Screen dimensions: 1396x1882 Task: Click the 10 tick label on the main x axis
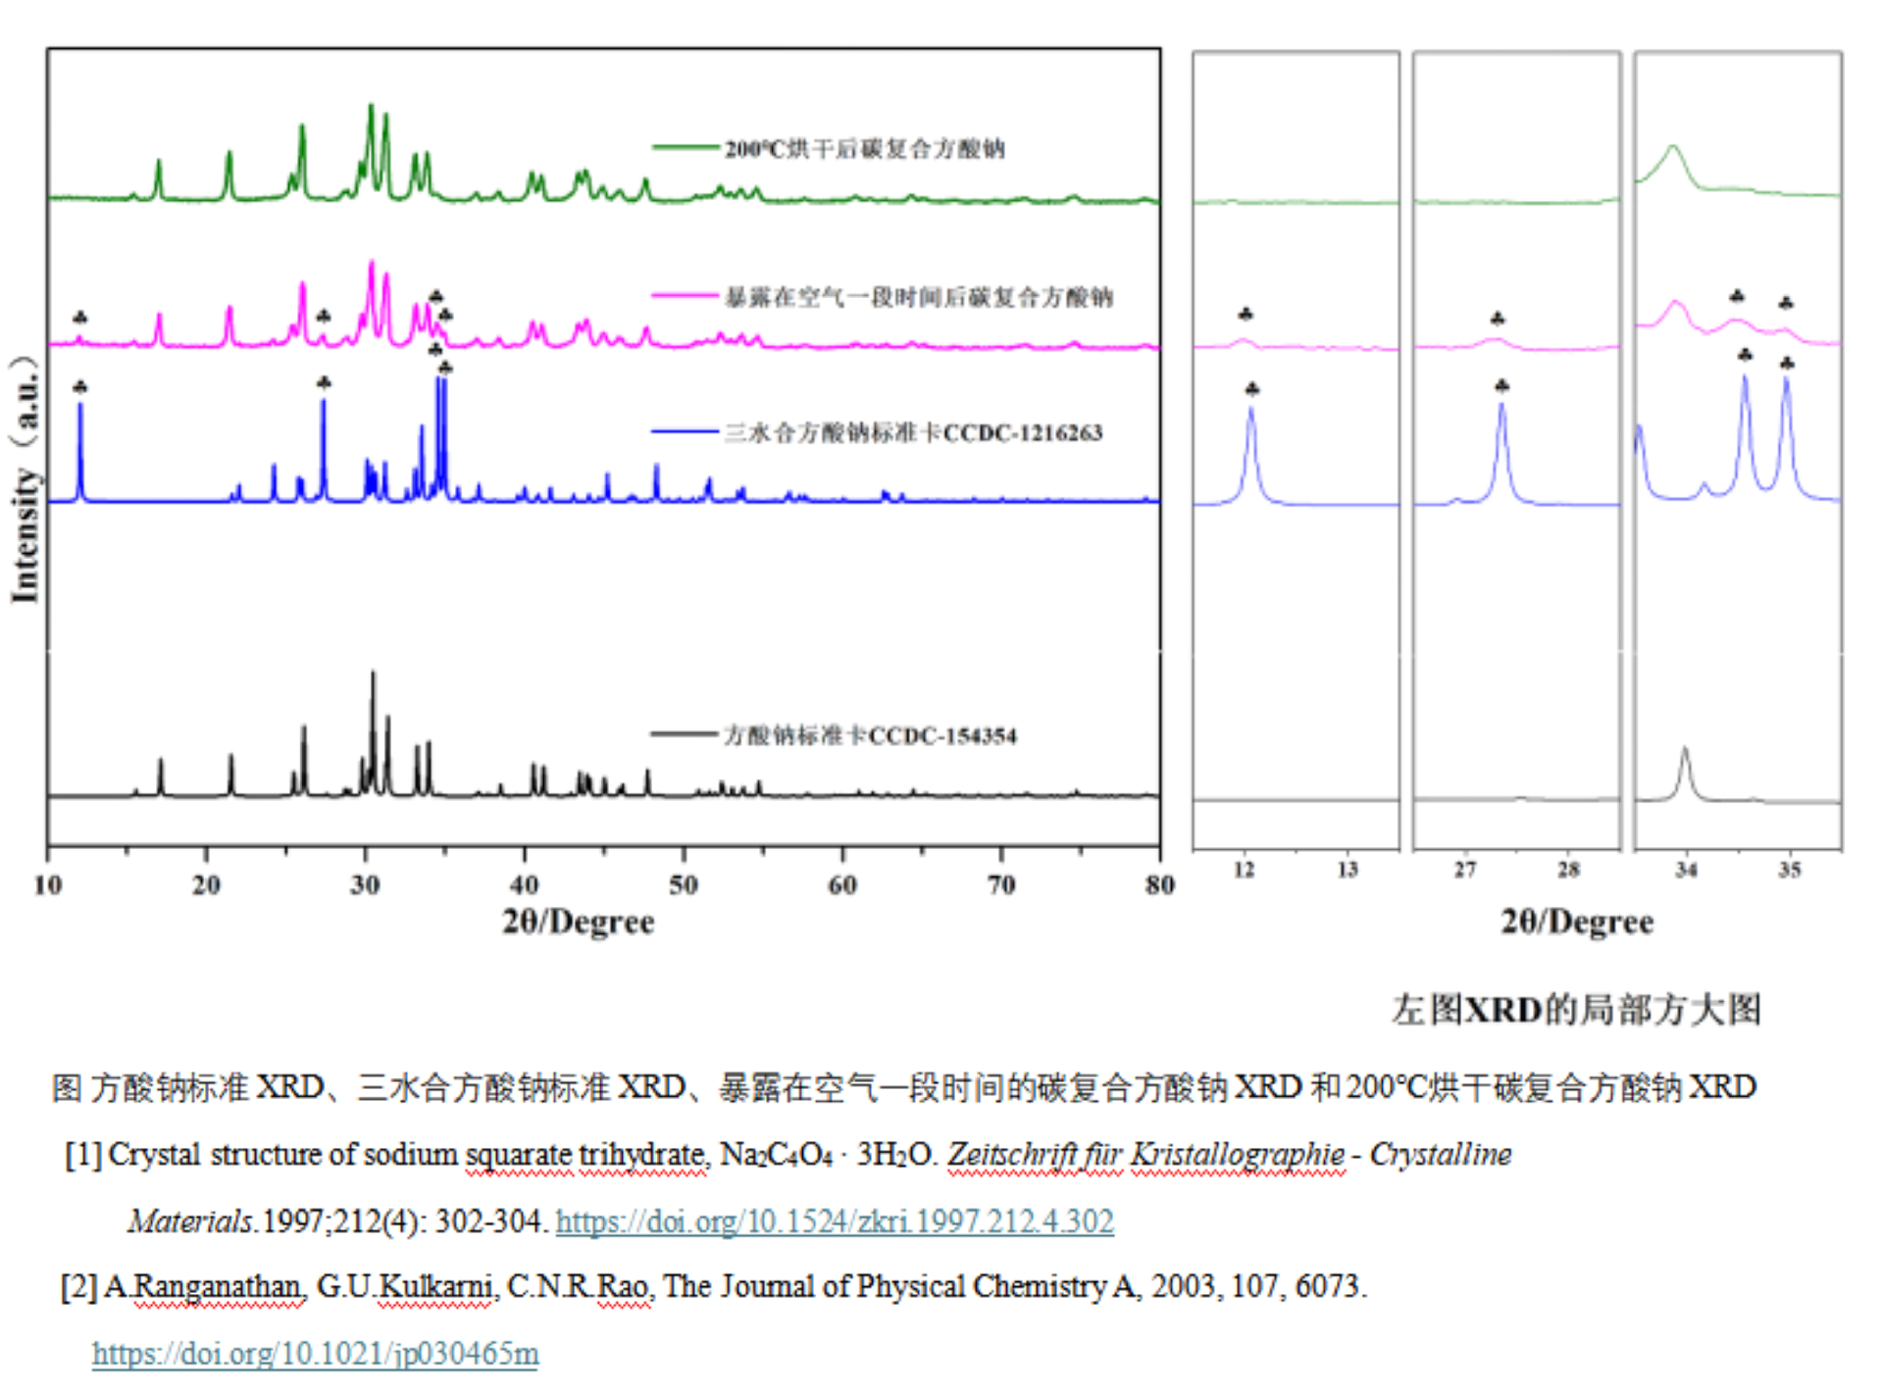(x=47, y=885)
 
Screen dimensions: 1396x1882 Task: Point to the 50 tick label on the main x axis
(x=683, y=885)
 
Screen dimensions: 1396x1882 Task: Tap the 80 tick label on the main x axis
(x=1159, y=885)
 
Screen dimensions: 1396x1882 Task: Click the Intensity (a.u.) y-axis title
(x=25, y=480)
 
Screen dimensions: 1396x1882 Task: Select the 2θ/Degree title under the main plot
(x=578, y=922)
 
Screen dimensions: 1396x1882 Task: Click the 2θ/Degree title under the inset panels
(x=1576, y=922)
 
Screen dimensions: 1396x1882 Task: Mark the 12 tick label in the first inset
(x=1244, y=871)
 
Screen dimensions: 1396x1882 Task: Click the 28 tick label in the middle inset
(x=1568, y=871)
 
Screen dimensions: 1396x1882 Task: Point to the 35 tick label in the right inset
(x=1790, y=871)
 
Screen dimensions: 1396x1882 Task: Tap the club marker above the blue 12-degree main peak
(x=80, y=386)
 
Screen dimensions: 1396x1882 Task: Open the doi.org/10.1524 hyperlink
(x=835, y=1221)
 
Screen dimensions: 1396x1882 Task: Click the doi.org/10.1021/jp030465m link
(x=315, y=1354)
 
